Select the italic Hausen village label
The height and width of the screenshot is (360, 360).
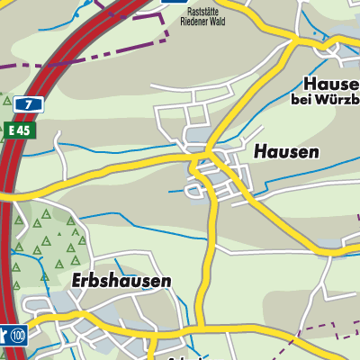[286, 152]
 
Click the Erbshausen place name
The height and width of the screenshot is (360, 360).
[121, 282]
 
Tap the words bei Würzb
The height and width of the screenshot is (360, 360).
[325, 99]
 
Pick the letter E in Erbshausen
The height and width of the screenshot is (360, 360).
[76, 282]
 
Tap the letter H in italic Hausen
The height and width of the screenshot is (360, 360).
[259, 152]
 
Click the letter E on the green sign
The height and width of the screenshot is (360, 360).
[12, 130]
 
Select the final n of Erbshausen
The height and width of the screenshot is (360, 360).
[166, 282]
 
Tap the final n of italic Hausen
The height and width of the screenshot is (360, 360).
[313, 152]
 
